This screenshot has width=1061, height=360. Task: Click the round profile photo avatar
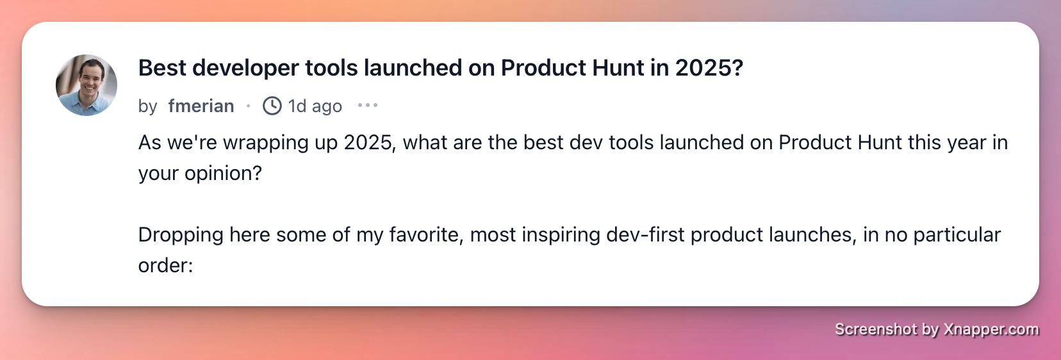point(86,85)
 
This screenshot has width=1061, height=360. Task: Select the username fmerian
point(201,106)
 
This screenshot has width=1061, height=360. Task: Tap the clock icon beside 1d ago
point(272,106)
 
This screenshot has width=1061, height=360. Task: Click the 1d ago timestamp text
point(315,106)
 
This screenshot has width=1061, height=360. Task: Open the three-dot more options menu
point(368,105)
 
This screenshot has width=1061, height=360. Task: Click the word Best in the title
point(162,68)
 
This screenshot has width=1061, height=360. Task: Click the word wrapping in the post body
point(266,143)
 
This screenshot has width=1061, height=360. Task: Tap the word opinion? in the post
point(223,174)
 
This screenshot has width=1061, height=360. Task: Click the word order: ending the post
point(166,265)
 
